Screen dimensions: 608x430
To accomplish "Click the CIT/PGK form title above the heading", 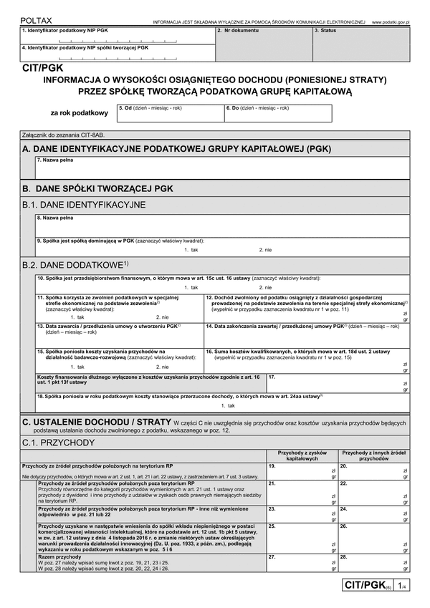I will coord(42,69).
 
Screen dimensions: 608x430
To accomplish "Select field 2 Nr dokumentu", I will coord(263,44).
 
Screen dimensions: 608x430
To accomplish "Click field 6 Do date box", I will coord(278,115).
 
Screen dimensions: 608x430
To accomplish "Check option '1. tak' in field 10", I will coord(191,286).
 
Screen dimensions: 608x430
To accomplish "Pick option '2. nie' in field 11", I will coord(163,316).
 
